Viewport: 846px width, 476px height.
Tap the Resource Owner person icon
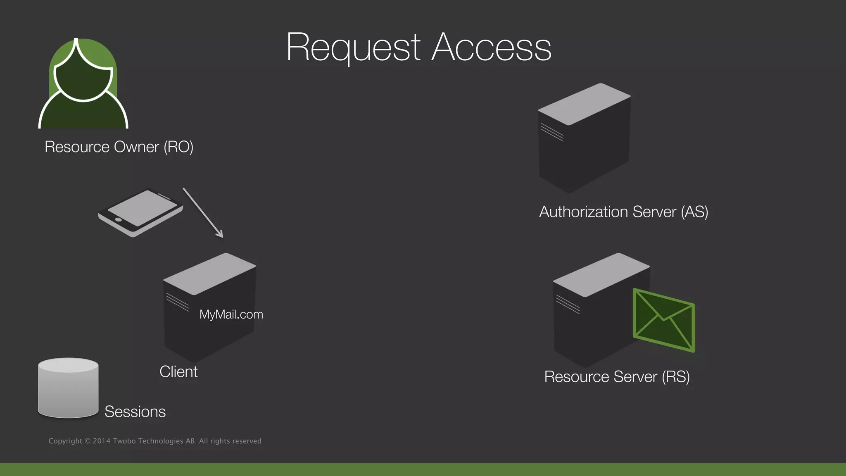83,87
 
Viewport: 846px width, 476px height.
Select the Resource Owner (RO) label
119,147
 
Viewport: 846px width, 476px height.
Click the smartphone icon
140,212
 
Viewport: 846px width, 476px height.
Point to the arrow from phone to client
203,213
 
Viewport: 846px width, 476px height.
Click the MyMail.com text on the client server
231,314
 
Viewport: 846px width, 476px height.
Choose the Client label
178,372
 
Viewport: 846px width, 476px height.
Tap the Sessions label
135,412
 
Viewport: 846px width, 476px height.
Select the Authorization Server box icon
584,138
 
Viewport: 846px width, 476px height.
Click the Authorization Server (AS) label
624,212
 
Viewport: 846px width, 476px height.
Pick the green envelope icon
663,320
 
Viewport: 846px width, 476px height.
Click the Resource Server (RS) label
617,377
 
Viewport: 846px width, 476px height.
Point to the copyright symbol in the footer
87,441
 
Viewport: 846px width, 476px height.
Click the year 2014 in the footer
102,441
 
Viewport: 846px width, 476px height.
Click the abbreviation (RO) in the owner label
178,147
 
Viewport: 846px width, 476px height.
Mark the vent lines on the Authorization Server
552,132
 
